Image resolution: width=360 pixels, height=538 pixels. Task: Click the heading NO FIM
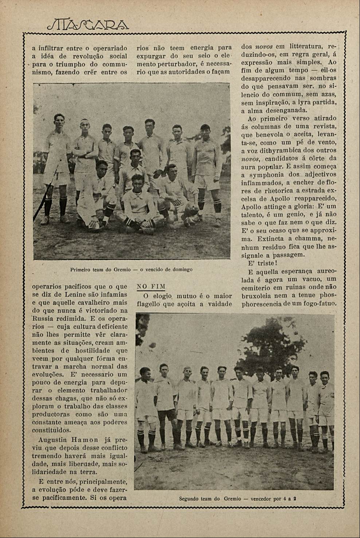(x=151, y=286)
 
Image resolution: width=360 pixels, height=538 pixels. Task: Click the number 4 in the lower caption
(x=284, y=499)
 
